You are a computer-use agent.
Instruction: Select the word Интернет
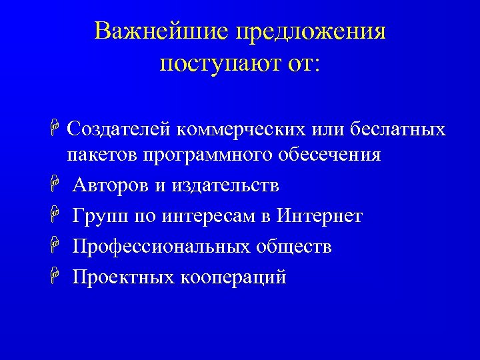(x=320, y=216)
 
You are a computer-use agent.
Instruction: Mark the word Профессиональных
(x=161, y=247)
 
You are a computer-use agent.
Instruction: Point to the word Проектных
(x=123, y=277)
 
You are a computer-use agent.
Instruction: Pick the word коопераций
(x=233, y=277)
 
